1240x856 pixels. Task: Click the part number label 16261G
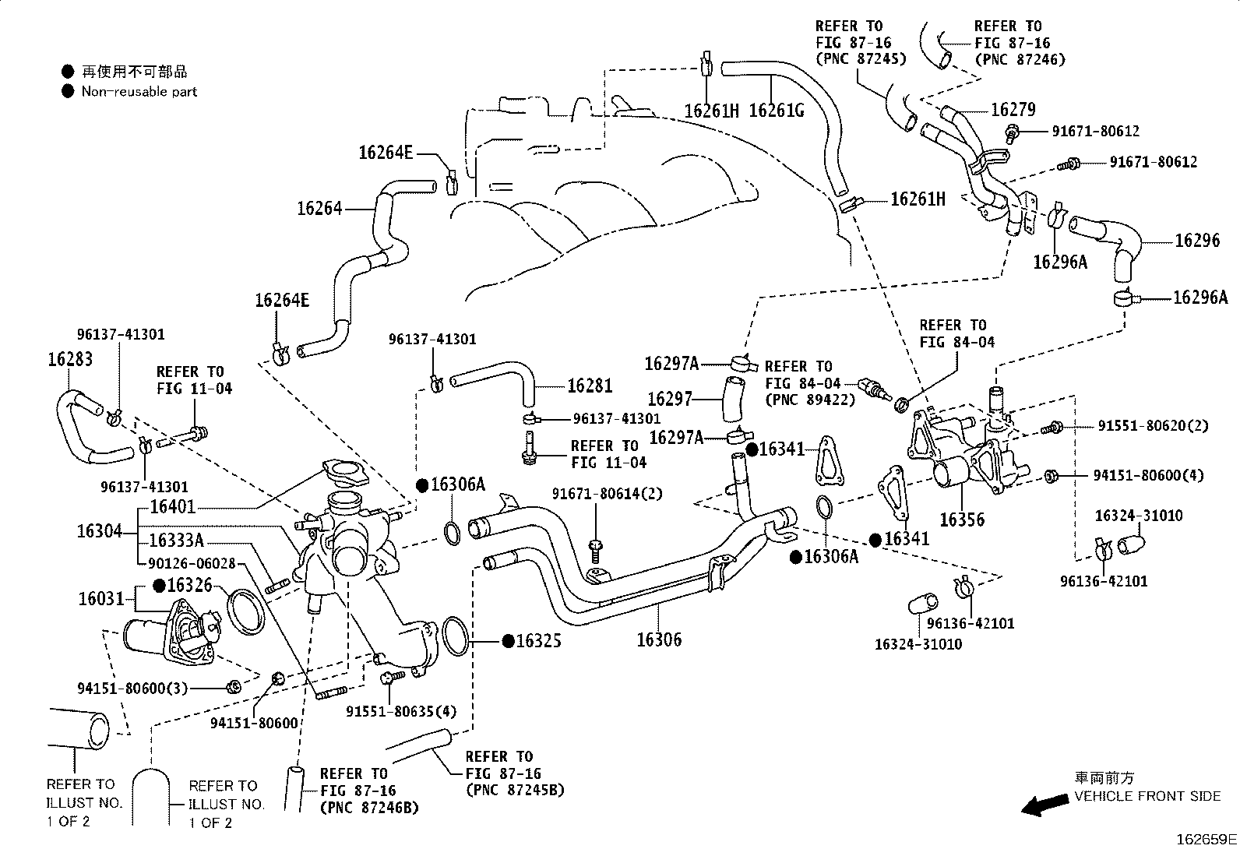[x=776, y=111]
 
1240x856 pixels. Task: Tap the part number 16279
[x=1013, y=109]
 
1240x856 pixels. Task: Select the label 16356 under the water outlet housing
[x=962, y=520]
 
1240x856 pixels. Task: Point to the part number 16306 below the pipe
[x=659, y=639]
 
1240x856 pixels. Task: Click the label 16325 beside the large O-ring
[x=539, y=640]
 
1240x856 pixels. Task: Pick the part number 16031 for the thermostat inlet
[x=101, y=598]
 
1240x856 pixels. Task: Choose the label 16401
[x=173, y=506]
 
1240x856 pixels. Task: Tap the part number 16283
[x=70, y=359]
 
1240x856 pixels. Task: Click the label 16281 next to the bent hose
[x=590, y=386]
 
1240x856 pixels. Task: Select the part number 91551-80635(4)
[x=401, y=711]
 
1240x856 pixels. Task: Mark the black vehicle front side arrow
[x=1045, y=805]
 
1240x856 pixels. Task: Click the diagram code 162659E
[x=1207, y=840]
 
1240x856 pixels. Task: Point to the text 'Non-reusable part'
[x=139, y=91]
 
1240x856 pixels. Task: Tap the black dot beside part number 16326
[x=160, y=585]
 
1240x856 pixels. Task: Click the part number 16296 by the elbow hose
[x=1197, y=241]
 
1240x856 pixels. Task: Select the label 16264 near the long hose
[x=320, y=208]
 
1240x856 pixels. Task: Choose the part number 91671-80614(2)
[x=608, y=493]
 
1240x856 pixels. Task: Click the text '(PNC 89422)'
[x=810, y=400]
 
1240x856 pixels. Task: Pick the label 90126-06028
[x=192, y=563]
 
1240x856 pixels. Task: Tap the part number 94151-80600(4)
[x=1148, y=475]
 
